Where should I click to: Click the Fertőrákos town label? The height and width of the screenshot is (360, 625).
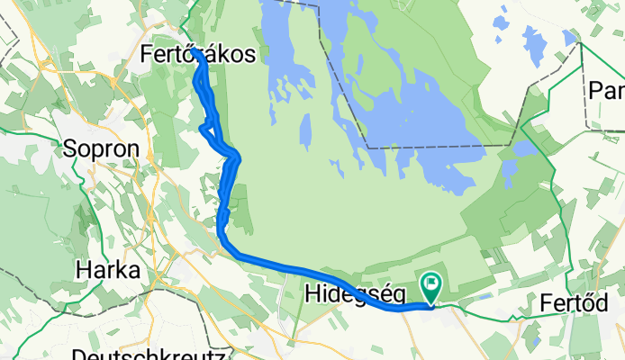[204, 55]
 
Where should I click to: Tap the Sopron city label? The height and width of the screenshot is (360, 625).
[101, 148]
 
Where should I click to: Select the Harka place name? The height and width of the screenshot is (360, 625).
[108, 269]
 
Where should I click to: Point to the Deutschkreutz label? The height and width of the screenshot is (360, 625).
[148, 354]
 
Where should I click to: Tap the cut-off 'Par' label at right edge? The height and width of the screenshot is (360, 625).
[606, 90]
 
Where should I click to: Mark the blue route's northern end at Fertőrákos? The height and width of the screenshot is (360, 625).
[195, 52]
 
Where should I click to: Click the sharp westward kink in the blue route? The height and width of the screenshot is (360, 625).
[201, 128]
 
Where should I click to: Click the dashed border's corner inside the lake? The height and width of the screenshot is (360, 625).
[367, 147]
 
